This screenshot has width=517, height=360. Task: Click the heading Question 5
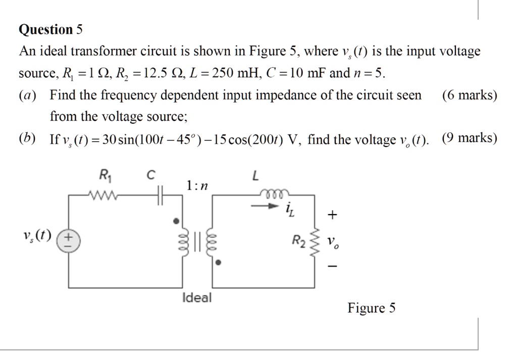50,30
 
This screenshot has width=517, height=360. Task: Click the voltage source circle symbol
68,241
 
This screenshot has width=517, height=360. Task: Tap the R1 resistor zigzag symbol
104,194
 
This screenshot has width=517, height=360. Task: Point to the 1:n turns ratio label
196,186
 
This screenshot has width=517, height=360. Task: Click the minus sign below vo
331,266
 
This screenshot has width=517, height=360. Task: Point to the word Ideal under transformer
197,297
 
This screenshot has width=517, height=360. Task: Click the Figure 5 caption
371,308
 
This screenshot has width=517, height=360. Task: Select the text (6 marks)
469,94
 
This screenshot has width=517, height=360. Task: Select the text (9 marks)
469,138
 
